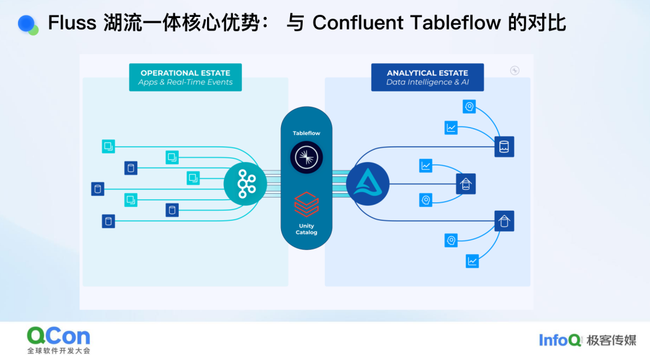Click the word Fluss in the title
[72, 23]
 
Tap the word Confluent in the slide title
[358, 23]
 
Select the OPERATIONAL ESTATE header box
[185, 77]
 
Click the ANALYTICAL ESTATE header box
[427, 77]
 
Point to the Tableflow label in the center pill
[306, 132]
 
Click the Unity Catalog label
[306, 229]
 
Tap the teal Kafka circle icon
[245, 183]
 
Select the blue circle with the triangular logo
[367, 184]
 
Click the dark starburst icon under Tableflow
[306, 157]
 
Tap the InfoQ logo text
[560, 340]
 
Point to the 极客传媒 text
[611, 340]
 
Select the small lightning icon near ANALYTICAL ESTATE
[515, 70]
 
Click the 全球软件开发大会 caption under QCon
[58, 350]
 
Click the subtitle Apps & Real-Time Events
[185, 82]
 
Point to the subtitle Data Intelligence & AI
[427, 82]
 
